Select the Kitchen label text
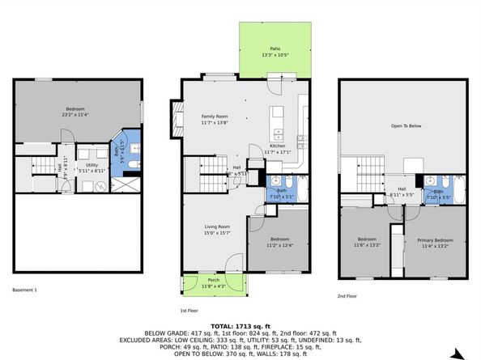point(277,148)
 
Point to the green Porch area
point(214,282)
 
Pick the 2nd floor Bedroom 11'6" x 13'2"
point(368,242)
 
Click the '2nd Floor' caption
point(347,297)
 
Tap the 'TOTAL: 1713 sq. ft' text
point(240,325)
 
